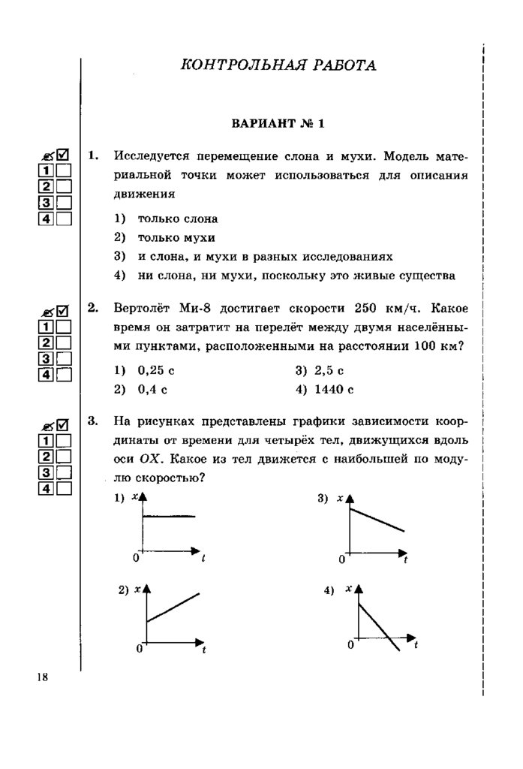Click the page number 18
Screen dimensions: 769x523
coord(41,677)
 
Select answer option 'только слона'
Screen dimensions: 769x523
coord(177,219)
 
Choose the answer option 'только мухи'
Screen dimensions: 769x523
coord(176,238)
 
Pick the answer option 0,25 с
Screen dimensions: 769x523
coord(155,371)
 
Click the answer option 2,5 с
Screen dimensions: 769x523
coord(329,371)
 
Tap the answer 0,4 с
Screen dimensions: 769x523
coord(152,390)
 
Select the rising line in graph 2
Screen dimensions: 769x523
coord(173,607)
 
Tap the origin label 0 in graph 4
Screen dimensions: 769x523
coord(351,645)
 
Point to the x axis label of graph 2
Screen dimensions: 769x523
coord(137,590)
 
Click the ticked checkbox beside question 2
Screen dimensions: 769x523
coord(63,309)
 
